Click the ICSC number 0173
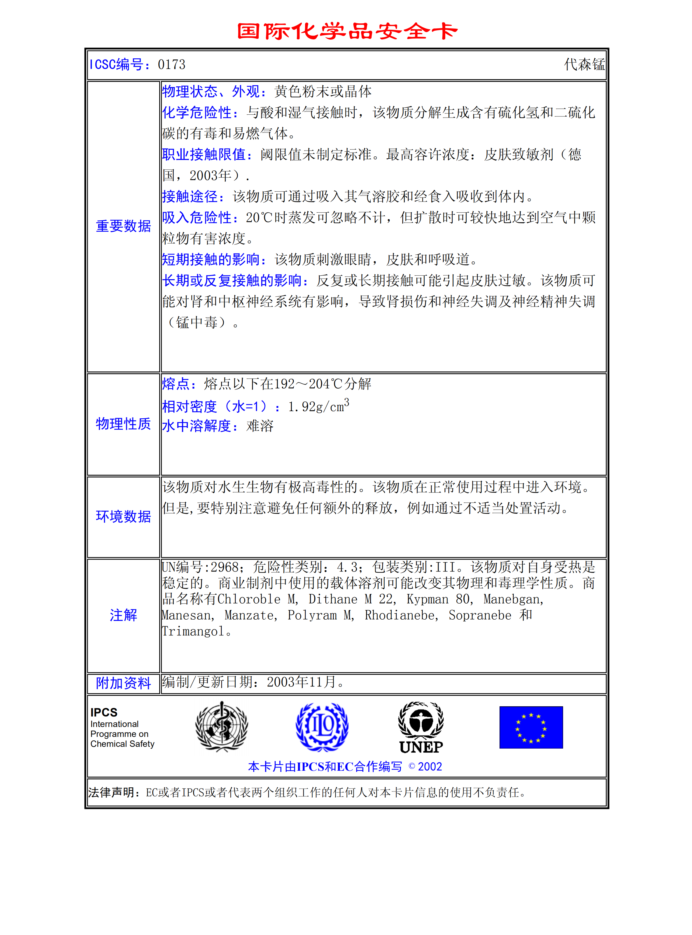pos(171,64)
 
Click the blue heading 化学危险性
pos(197,112)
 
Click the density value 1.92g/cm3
pos(318,406)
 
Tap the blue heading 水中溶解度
pos(197,426)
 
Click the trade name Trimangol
pos(193,631)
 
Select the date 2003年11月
pos(302,682)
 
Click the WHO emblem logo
pos(222,727)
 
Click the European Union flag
pos(531,727)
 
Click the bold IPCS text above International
pos(104,712)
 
